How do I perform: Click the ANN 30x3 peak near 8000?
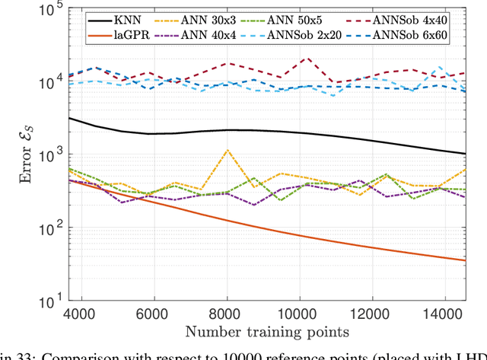[228, 150]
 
